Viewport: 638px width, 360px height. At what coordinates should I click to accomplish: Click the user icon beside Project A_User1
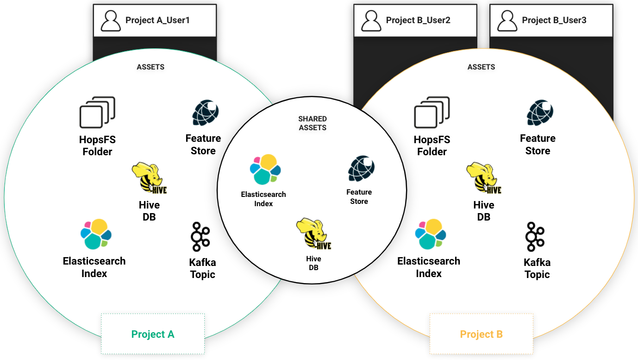pyautogui.click(x=111, y=21)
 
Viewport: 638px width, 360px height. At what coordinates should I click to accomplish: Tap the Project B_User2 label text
pyautogui.click(x=418, y=20)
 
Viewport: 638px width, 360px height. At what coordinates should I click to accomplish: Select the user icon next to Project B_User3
pyautogui.click(x=507, y=21)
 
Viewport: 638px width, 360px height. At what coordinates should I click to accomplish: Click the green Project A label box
pyautogui.click(x=153, y=334)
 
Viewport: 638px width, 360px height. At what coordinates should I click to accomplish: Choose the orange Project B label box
pyautogui.click(x=482, y=334)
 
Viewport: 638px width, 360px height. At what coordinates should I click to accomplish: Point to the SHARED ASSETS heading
pyautogui.click(x=313, y=123)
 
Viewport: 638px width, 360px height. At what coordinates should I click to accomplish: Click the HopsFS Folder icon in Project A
pyautogui.click(x=97, y=113)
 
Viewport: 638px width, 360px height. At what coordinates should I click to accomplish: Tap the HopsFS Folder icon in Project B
pyautogui.click(x=432, y=113)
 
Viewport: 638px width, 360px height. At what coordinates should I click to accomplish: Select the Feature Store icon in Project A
pyautogui.click(x=205, y=113)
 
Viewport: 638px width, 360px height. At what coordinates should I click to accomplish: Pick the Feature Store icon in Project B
pyautogui.click(x=540, y=113)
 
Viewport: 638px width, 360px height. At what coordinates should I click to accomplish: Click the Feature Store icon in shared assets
pyautogui.click(x=361, y=169)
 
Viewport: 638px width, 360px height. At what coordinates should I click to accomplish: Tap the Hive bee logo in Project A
pyautogui.click(x=149, y=178)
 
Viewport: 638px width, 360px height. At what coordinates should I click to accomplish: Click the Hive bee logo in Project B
pyautogui.click(x=483, y=178)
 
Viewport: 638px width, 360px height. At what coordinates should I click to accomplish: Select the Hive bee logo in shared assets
pyautogui.click(x=313, y=234)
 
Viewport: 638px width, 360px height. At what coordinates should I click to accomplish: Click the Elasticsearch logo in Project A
pyautogui.click(x=96, y=234)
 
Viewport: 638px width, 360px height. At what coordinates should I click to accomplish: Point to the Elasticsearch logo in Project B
pyautogui.click(x=431, y=234)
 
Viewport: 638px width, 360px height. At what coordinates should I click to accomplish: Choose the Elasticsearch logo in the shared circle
pyautogui.click(x=265, y=170)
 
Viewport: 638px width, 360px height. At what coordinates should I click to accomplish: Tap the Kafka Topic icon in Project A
pyautogui.click(x=200, y=237)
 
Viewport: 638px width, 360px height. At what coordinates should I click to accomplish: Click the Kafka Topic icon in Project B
pyautogui.click(x=535, y=237)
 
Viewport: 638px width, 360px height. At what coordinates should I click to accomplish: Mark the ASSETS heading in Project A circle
pyautogui.click(x=150, y=67)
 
